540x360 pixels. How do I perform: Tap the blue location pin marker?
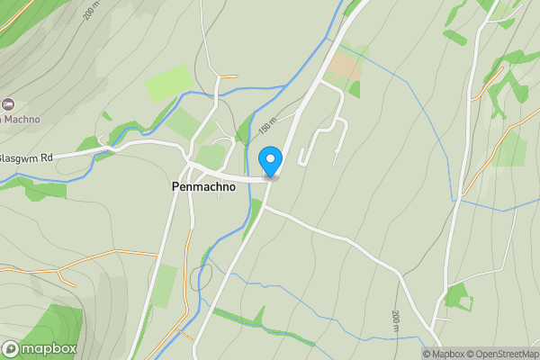tap(270, 161)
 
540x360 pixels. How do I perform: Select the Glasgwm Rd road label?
tap(26, 157)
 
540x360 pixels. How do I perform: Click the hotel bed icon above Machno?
tap(8, 105)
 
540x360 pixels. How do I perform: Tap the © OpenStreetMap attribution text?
tap(505, 354)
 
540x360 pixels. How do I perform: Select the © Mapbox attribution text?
tap(445, 354)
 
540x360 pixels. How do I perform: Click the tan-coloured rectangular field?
tap(342, 67)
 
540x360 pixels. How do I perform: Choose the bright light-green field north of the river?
tap(168, 83)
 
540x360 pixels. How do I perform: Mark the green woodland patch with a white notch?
tap(459, 296)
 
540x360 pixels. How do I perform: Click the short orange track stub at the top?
tap(227, 76)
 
